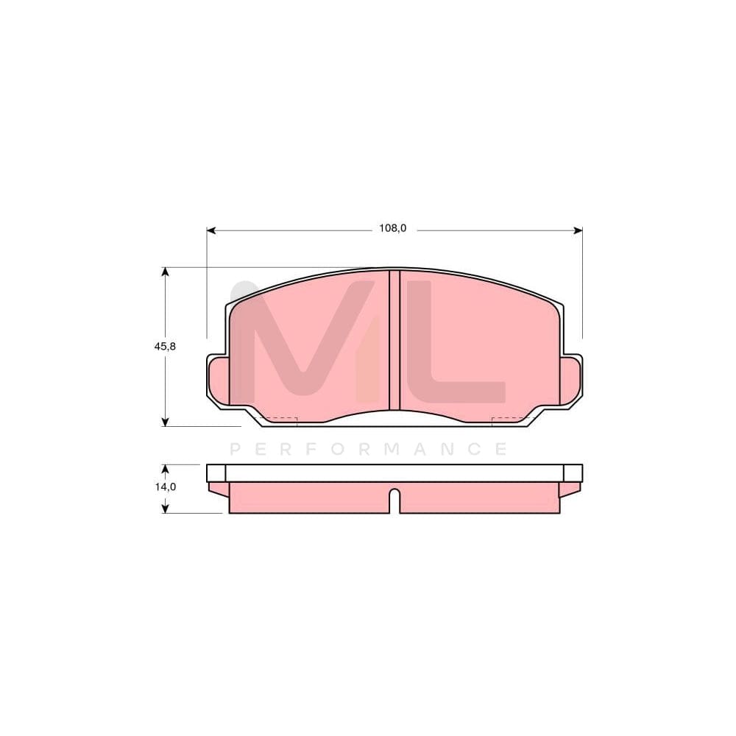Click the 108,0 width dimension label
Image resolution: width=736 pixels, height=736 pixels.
coord(392,228)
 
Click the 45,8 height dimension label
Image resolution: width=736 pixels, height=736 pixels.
coord(164,346)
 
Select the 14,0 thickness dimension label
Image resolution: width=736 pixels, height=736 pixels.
coord(165,486)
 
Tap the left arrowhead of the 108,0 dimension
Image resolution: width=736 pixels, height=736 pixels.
coord(210,230)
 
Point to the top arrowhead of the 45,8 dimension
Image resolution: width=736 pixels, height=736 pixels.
coord(166,272)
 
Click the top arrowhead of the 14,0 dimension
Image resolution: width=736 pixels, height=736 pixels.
coord(166,469)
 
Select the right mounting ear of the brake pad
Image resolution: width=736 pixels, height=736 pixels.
coord(570,380)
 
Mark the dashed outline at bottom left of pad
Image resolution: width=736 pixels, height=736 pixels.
coord(279,420)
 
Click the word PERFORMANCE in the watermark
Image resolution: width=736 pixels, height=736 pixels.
coord(368,449)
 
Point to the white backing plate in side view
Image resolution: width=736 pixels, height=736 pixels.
coord(394,473)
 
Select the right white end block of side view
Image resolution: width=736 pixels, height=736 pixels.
coord(573,473)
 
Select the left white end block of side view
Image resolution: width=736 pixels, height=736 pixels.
coord(216,473)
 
